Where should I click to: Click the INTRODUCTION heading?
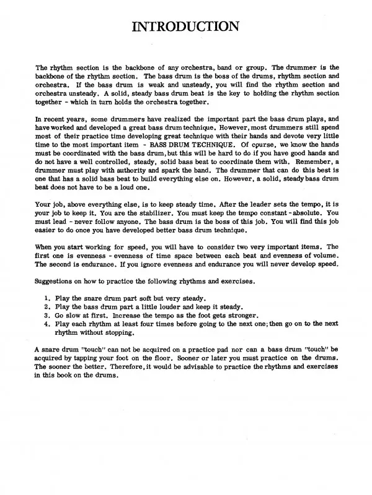pos(186,27)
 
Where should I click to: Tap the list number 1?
pos(48,297)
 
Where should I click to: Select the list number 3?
pos(48,314)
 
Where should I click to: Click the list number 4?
pos(48,323)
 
